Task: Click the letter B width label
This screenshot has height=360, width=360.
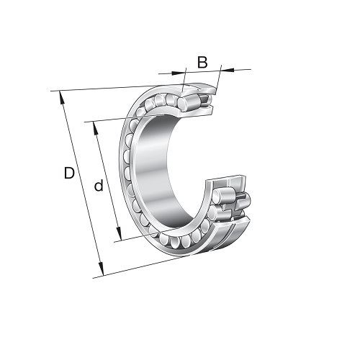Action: click(202, 63)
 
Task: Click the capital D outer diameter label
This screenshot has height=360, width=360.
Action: click(69, 173)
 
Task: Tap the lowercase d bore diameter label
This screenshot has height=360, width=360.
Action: click(99, 186)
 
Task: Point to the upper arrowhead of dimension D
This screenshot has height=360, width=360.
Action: click(61, 97)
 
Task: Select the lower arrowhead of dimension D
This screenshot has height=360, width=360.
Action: click(101, 270)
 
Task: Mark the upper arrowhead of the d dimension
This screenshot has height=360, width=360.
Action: click(95, 128)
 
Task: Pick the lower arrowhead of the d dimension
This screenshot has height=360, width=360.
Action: click(119, 234)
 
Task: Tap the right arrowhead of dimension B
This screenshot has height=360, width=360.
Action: click(228, 70)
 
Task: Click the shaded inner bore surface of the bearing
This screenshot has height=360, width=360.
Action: click(153, 168)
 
